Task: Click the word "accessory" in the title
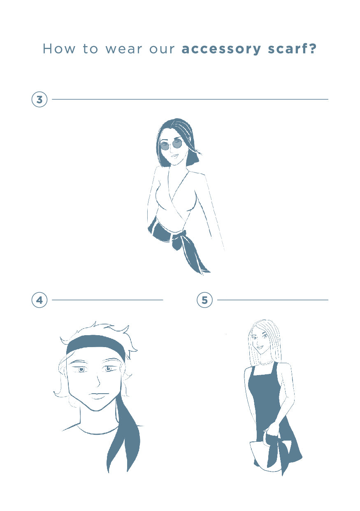pyautogui.click(x=221, y=49)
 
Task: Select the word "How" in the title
pyautogui.click(x=59, y=49)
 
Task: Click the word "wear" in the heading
pyautogui.click(x=123, y=49)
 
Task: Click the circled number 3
pyautogui.click(x=39, y=100)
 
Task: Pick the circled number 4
pyautogui.click(x=39, y=300)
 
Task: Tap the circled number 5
pyautogui.click(x=204, y=300)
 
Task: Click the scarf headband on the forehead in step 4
pyautogui.click(x=96, y=343)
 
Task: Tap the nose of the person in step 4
pyautogui.click(x=98, y=380)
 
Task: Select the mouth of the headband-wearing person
pyautogui.click(x=98, y=395)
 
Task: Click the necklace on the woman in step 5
pyautogui.click(x=265, y=363)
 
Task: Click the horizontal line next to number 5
pyautogui.click(x=273, y=300)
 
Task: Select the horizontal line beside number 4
pyautogui.click(x=107, y=300)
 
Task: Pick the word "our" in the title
pyautogui.click(x=162, y=49)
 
